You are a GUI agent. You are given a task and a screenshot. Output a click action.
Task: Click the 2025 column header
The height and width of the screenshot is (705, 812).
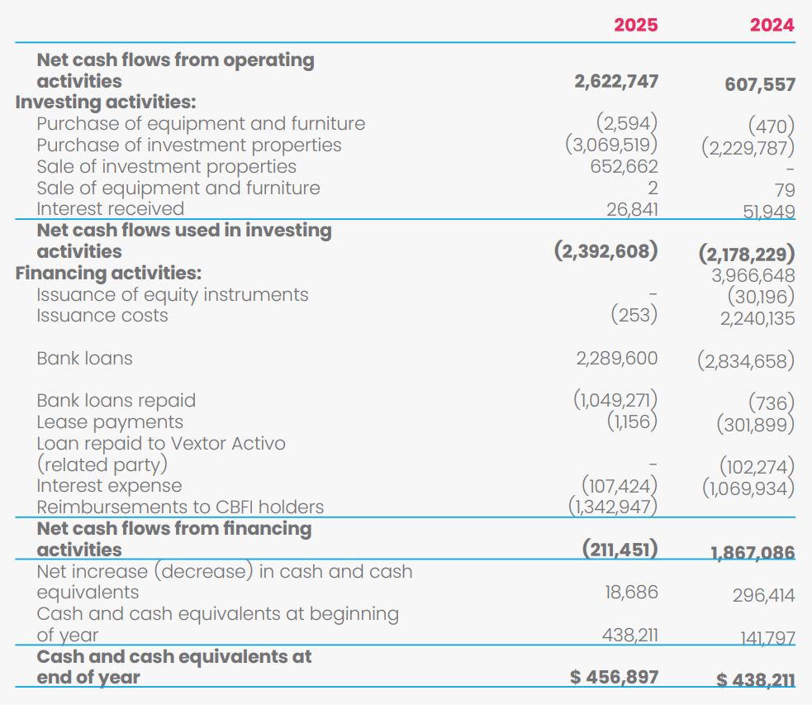[635, 25]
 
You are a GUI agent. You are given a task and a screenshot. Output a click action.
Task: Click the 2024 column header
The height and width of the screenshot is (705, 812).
[772, 25]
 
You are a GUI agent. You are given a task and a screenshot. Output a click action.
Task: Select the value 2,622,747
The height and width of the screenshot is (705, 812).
[616, 81]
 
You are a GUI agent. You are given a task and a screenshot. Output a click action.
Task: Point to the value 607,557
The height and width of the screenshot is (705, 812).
[760, 84]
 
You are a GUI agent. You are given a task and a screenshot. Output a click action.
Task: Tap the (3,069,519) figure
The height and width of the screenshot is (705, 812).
[611, 145]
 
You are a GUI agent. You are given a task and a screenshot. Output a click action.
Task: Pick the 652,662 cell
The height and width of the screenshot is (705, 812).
[624, 166]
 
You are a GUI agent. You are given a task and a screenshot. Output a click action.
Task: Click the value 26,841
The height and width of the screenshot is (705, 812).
[632, 209]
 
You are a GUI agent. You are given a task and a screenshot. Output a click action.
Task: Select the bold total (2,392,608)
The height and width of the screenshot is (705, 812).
[605, 251]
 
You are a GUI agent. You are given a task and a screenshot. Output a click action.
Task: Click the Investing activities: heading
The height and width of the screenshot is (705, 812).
[106, 102]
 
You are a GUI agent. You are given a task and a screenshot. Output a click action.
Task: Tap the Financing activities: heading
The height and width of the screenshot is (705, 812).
[108, 273]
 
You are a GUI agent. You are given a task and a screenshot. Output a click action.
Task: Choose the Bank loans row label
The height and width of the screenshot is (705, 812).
[84, 358]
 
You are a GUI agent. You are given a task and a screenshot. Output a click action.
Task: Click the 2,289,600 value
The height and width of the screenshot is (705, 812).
[617, 358]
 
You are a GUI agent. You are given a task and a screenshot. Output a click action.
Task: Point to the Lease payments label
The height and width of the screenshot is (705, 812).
[110, 422]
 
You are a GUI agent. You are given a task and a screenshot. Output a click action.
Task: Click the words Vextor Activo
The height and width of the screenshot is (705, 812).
[228, 443]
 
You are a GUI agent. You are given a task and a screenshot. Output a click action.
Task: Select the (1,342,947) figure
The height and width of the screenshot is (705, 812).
[613, 507]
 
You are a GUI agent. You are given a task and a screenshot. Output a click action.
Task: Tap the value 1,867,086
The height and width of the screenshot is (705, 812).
[753, 553]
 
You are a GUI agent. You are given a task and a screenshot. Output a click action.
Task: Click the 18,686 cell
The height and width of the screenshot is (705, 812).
[631, 592]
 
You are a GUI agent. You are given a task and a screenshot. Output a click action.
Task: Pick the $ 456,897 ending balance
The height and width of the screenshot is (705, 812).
[615, 677]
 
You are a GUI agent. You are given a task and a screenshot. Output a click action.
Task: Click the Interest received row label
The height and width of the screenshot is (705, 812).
[111, 208]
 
